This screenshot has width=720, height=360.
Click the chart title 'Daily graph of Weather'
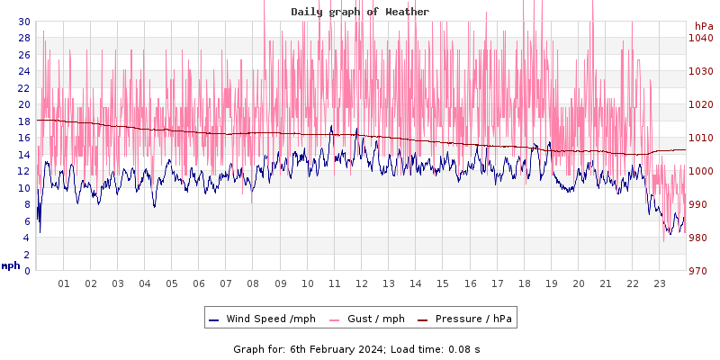360,12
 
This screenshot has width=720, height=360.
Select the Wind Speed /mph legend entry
262,319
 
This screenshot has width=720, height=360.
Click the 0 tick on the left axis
27,271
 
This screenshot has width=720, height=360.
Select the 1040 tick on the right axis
701,38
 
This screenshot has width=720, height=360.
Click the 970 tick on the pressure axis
701,271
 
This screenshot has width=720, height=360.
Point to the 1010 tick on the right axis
701,138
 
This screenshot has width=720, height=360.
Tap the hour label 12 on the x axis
362,283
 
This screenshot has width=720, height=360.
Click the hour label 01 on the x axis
64,283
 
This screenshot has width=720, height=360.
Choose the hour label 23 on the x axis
660,283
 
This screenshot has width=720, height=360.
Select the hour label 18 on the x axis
524,283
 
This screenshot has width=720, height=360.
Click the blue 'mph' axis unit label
11,265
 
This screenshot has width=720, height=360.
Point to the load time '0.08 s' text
464,349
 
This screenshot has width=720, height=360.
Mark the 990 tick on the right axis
701,204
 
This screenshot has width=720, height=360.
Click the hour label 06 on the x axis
199,283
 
